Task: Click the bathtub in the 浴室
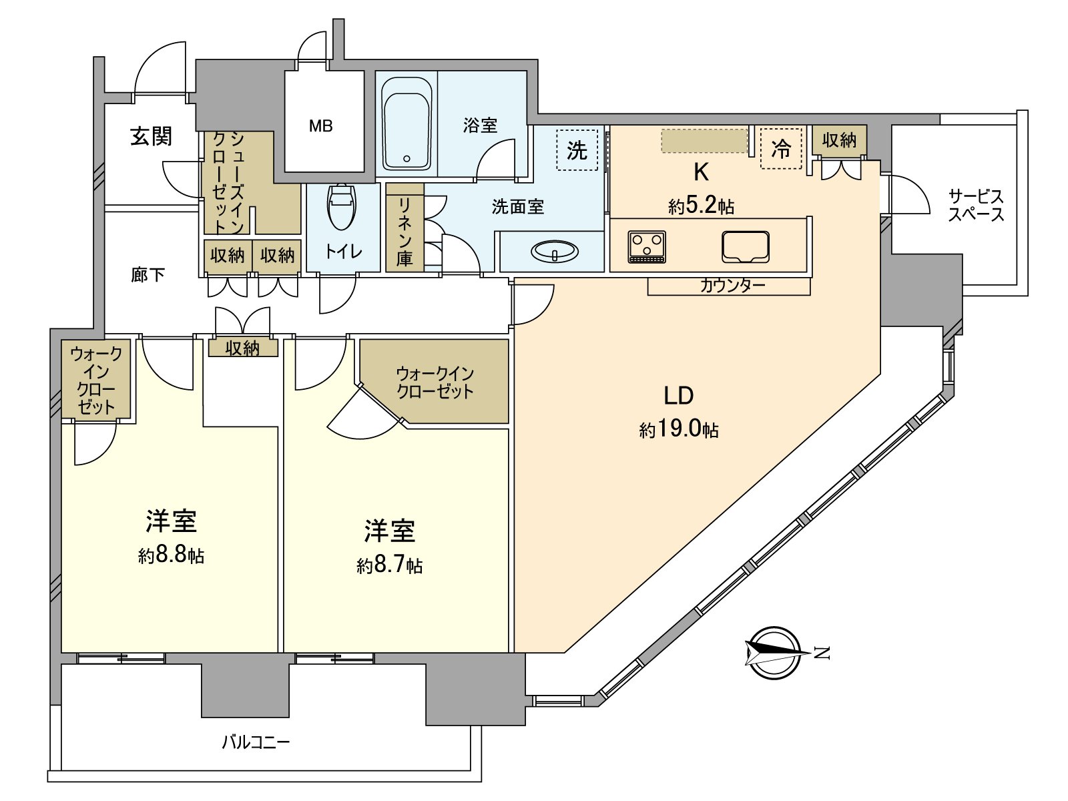point(407,123)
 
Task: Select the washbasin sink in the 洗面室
point(554,252)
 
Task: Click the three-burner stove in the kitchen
point(647,246)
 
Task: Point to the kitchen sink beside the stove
point(745,247)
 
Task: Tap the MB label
point(320,125)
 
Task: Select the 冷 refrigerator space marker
point(781,148)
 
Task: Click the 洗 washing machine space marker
point(577,150)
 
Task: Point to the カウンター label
point(732,286)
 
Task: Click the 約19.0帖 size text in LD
point(678,429)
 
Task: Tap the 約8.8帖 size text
point(171,555)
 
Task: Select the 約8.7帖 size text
point(389,565)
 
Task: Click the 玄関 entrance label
point(151,136)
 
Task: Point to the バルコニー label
point(256,742)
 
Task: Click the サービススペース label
point(976,205)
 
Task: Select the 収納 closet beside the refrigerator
point(839,140)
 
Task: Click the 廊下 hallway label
point(148,274)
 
